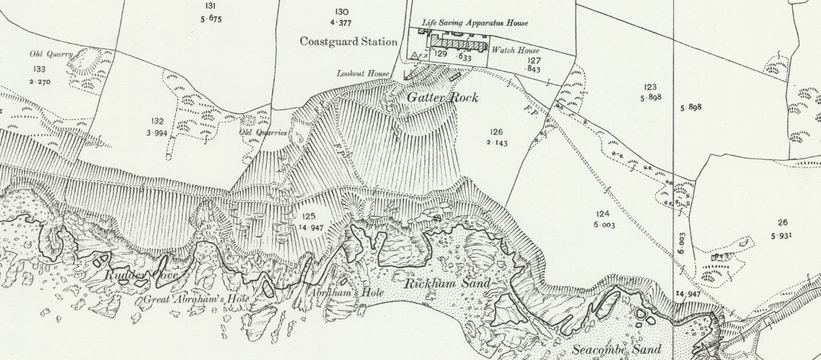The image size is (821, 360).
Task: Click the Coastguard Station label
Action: pyautogui.click(x=348, y=42)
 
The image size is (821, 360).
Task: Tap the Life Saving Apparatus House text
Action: pyautogui.click(x=475, y=23)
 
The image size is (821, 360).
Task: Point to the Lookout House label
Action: pyautogui.click(x=363, y=73)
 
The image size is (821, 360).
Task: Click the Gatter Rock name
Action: pyautogui.click(x=442, y=98)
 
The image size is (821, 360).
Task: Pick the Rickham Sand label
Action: pyautogui.click(x=446, y=284)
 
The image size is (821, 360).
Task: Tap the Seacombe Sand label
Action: pyautogui.click(x=617, y=350)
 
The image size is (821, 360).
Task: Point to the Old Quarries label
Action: pyautogui.click(x=263, y=133)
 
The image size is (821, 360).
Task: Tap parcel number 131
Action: pyautogui.click(x=210, y=6)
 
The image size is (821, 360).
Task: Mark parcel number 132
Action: pyautogui.click(x=157, y=122)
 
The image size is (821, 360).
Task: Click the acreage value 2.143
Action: pyautogui.click(x=497, y=143)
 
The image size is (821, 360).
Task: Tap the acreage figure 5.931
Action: pyautogui.click(x=782, y=235)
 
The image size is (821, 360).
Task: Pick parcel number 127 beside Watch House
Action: pyautogui.click(x=534, y=60)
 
